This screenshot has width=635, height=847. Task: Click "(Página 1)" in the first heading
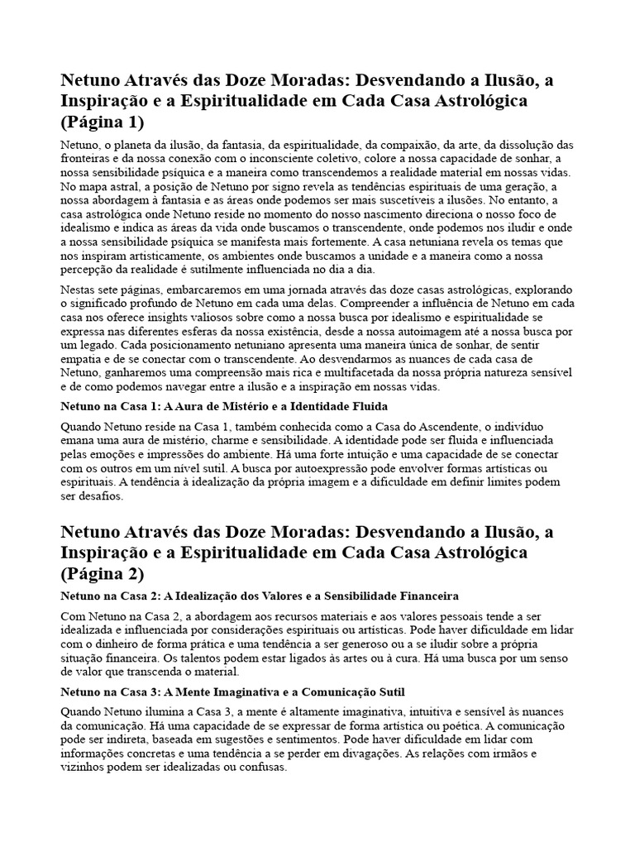pos(102,122)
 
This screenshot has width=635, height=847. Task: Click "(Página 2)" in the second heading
pos(102,572)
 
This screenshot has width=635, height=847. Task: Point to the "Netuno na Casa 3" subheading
pos(232,691)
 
